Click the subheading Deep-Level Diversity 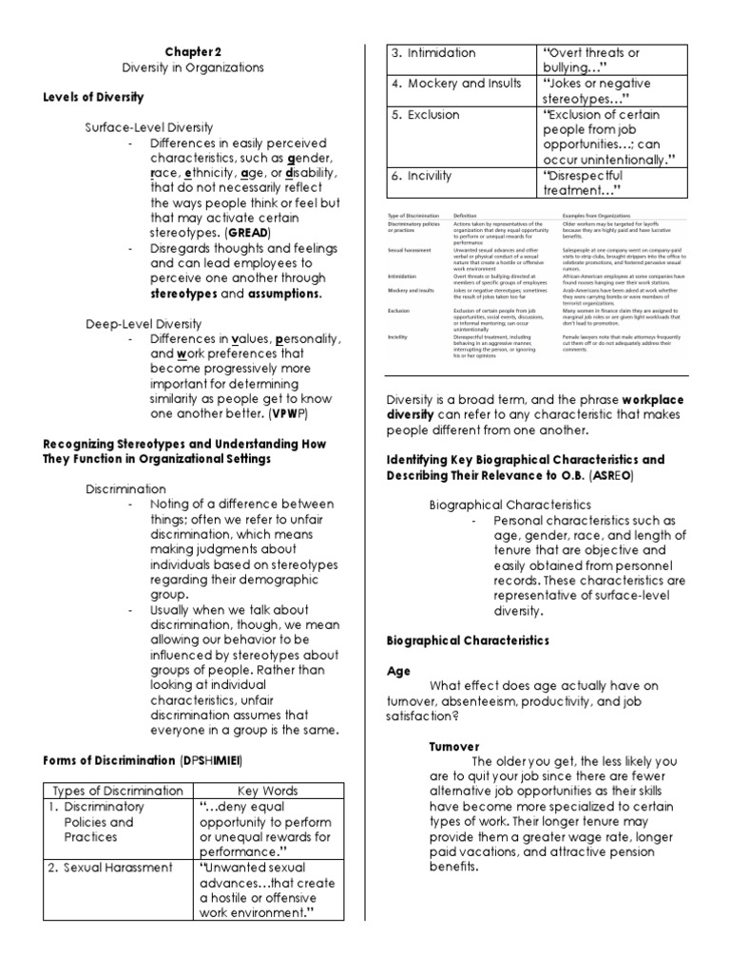coord(144,323)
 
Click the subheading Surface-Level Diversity coord(149,126)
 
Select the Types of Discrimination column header coord(118,791)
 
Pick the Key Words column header coord(267,791)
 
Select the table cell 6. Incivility coord(423,176)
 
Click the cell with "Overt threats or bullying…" coord(591,60)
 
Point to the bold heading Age coord(398,670)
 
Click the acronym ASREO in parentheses coord(614,474)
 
